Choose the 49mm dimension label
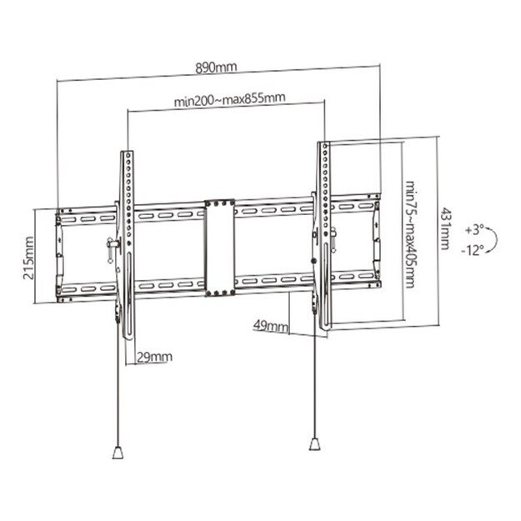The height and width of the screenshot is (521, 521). [x=271, y=328]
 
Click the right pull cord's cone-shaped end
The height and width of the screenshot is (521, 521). [x=315, y=442]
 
